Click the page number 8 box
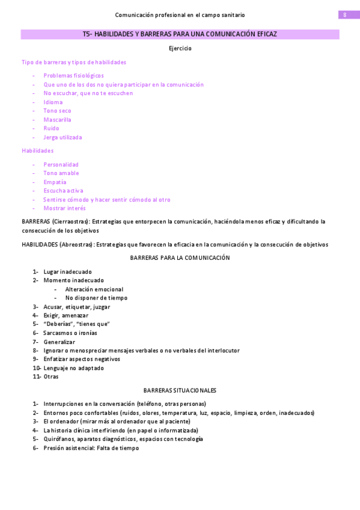click(x=345, y=14)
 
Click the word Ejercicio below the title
click(x=180, y=48)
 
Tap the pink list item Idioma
click(x=53, y=102)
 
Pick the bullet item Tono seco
click(x=57, y=111)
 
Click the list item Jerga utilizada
click(x=63, y=137)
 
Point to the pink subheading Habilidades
click(x=37, y=150)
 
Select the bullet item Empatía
click(x=55, y=182)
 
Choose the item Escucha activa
click(x=63, y=191)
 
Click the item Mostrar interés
click(x=64, y=208)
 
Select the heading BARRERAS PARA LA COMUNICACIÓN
click(x=180, y=257)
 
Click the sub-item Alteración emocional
click(x=94, y=289)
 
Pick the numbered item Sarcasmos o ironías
click(x=70, y=333)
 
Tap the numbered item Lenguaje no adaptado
click(x=73, y=368)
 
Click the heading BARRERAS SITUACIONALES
click(x=180, y=390)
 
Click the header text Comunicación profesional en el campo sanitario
click(x=180, y=14)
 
